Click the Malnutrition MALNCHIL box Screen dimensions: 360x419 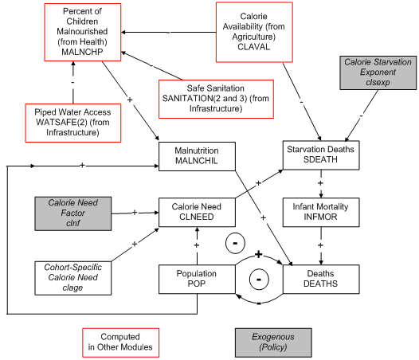(197, 156)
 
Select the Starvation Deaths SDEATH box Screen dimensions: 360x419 (319, 155)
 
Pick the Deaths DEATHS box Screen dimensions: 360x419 (319, 279)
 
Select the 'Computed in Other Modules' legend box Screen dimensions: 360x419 (119, 342)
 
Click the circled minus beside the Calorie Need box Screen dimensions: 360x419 (235, 242)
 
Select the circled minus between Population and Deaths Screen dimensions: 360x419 (258, 280)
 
